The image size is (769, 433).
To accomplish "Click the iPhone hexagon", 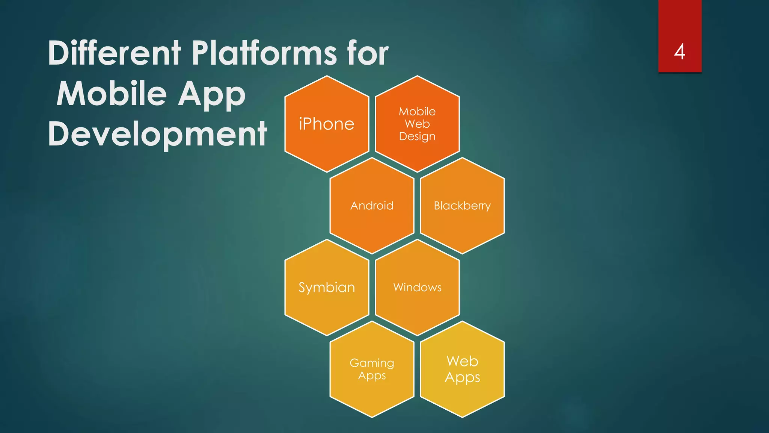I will click(x=327, y=124).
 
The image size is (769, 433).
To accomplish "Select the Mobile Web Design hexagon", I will click(x=417, y=124).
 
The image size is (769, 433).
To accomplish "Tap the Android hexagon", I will click(x=372, y=206).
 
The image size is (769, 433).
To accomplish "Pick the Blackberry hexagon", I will click(x=462, y=206).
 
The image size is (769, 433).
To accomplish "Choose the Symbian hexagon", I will click(x=327, y=288).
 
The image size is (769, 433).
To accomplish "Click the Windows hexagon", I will click(x=417, y=288).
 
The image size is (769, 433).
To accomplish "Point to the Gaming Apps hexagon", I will click(x=372, y=369).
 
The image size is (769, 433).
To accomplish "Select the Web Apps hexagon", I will click(x=462, y=369).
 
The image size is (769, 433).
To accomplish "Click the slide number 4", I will click(x=680, y=51).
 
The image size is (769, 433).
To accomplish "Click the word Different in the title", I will click(x=115, y=53).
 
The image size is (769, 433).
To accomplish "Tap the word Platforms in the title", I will click(x=264, y=53).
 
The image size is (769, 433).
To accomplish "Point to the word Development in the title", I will click(x=157, y=134).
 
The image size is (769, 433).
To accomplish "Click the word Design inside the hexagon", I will click(x=417, y=136).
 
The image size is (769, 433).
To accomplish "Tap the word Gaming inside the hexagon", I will click(x=372, y=363).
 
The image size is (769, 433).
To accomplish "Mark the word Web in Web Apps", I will click(x=462, y=361).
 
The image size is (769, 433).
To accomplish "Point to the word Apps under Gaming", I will click(x=372, y=375).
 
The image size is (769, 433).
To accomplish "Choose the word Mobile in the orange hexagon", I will click(x=417, y=111).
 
